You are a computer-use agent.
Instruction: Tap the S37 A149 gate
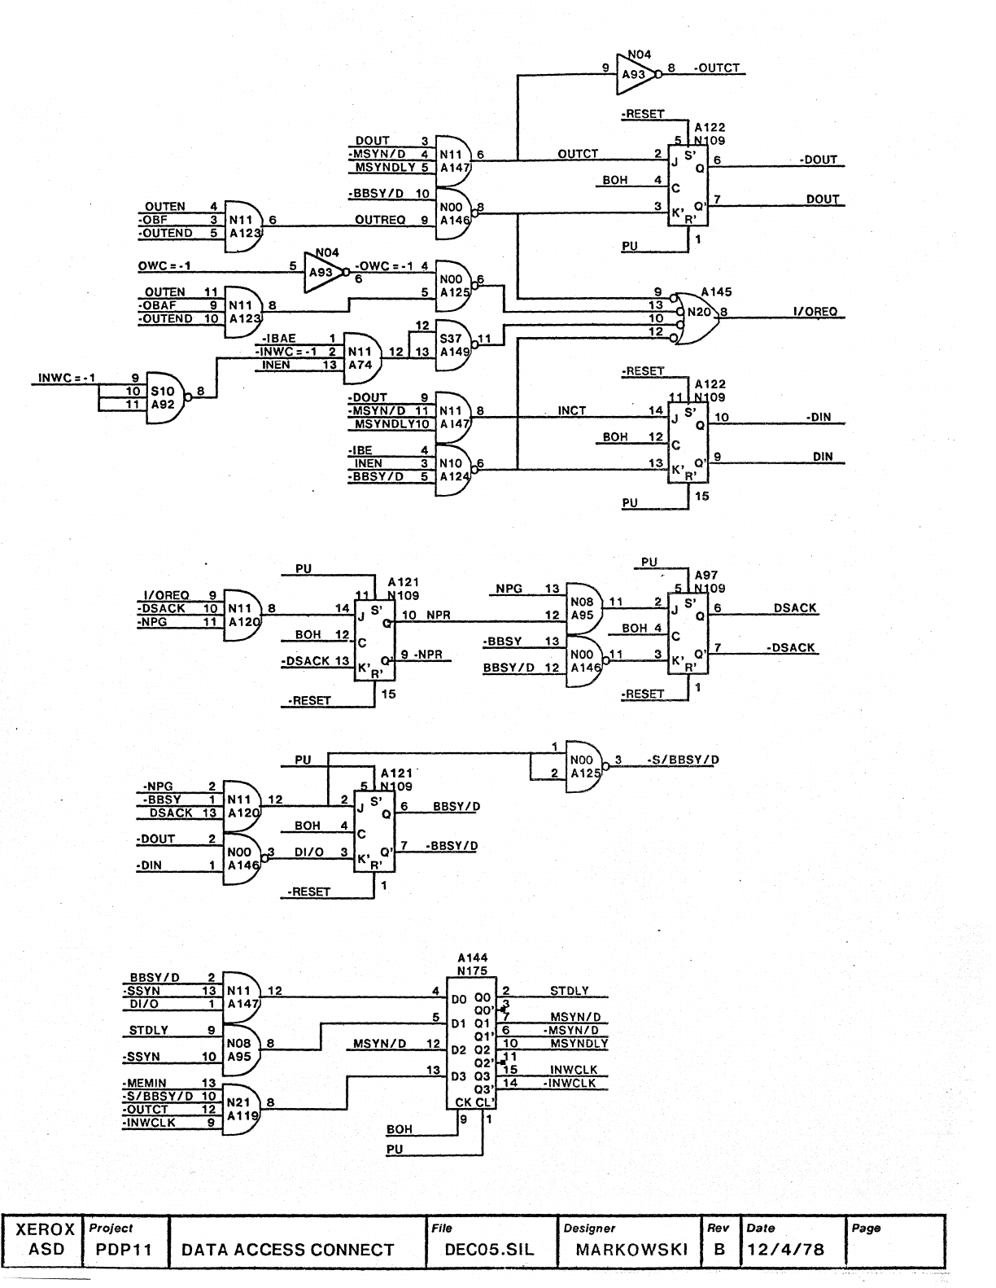(454, 344)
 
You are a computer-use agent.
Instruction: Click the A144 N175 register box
(470, 1043)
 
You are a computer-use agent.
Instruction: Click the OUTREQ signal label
(380, 220)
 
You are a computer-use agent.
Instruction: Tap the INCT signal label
(572, 411)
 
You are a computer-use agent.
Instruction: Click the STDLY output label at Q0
(569, 991)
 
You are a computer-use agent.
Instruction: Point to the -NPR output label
(429, 655)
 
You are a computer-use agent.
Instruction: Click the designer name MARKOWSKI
(631, 1250)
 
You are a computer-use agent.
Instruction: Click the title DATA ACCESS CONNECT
(287, 1250)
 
